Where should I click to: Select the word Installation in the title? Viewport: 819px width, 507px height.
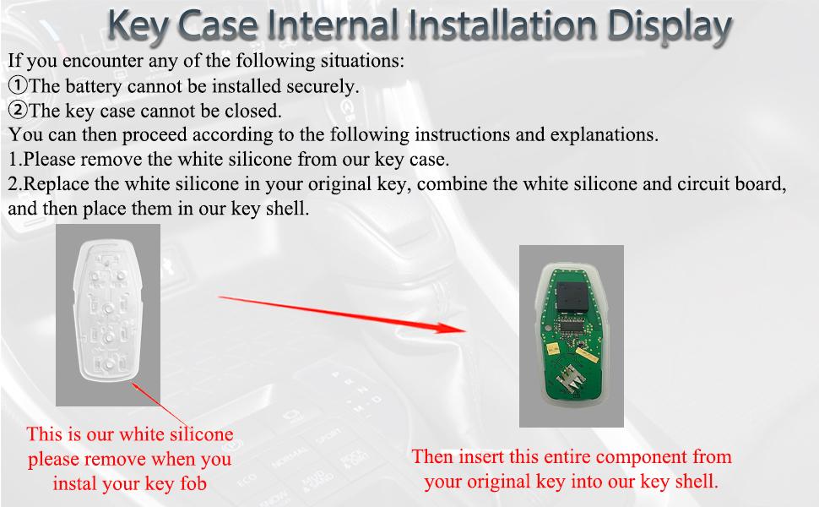click(497, 26)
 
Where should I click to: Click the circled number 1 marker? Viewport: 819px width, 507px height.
click(18, 85)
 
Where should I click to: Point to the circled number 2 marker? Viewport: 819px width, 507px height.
click(18, 110)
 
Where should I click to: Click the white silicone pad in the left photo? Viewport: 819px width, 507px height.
click(106, 316)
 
